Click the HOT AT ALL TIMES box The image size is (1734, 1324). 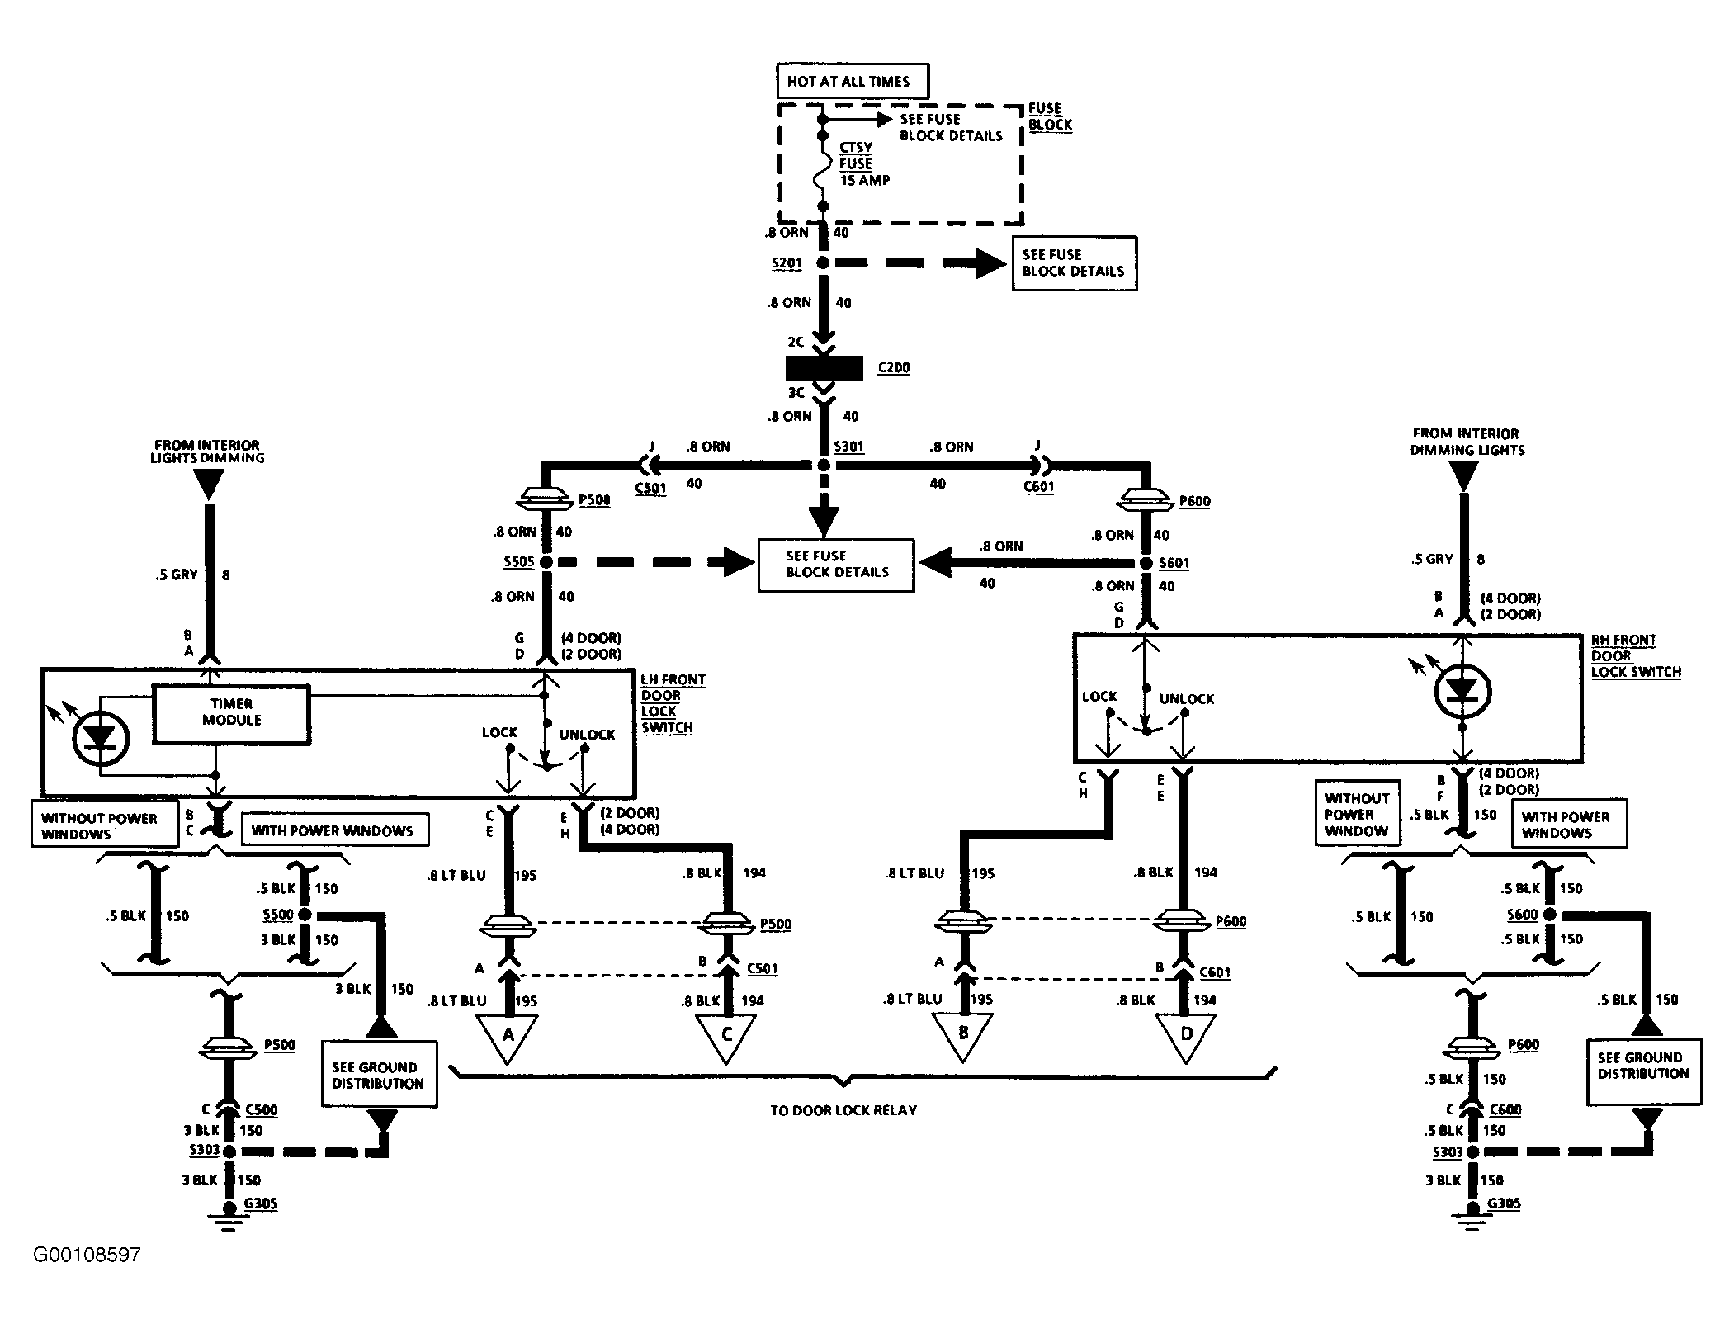(x=852, y=81)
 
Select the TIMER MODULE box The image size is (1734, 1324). (x=231, y=713)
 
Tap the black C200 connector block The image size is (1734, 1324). (x=824, y=368)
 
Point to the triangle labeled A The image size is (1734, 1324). (x=508, y=1038)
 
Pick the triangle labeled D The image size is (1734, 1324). (x=1185, y=1038)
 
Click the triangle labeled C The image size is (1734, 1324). (x=726, y=1038)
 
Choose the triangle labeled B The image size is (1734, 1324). (x=962, y=1037)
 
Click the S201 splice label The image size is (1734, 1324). (x=787, y=263)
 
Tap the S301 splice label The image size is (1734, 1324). (x=848, y=447)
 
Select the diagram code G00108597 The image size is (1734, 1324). (x=87, y=1255)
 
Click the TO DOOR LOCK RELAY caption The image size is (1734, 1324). (x=843, y=1110)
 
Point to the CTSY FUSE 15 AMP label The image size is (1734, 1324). (x=864, y=163)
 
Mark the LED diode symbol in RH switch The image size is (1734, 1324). (x=1462, y=691)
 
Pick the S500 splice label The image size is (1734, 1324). (x=278, y=915)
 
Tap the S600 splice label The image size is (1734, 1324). (x=1523, y=915)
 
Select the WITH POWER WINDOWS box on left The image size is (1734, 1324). (x=334, y=830)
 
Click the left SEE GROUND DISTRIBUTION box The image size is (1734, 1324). (x=379, y=1074)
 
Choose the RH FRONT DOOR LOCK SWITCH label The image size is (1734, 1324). (x=1636, y=656)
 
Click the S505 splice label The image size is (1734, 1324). (x=519, y=563)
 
